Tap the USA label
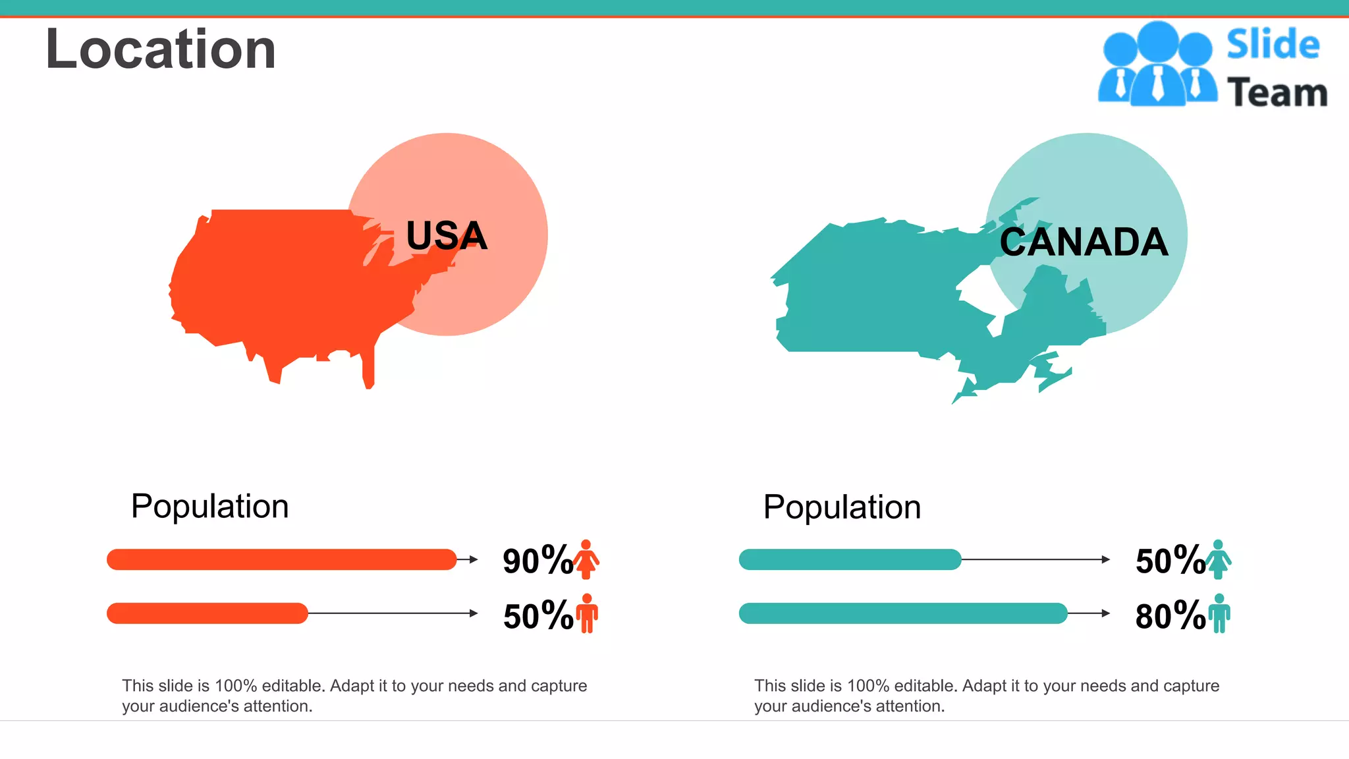tap(447, 236)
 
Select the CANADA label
tap(1084, 242)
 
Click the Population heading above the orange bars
tap(209, 506)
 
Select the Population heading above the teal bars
tap(842, 507)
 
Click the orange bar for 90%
tap(281, 559)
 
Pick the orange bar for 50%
tap(207, 613)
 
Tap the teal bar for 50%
tap(850, 559)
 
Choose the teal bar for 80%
tap(902, 613)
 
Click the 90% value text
tap(537, 561)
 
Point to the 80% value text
tap(1170, 616)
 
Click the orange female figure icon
tap(586, 559)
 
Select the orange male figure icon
tap(587, 613)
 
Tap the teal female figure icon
tap(1218, 559)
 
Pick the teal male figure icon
tap(1219, 613)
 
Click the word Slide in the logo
tap(1273, 45)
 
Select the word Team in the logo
tap(1277, 92)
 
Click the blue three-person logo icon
tap(1157, 65)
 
